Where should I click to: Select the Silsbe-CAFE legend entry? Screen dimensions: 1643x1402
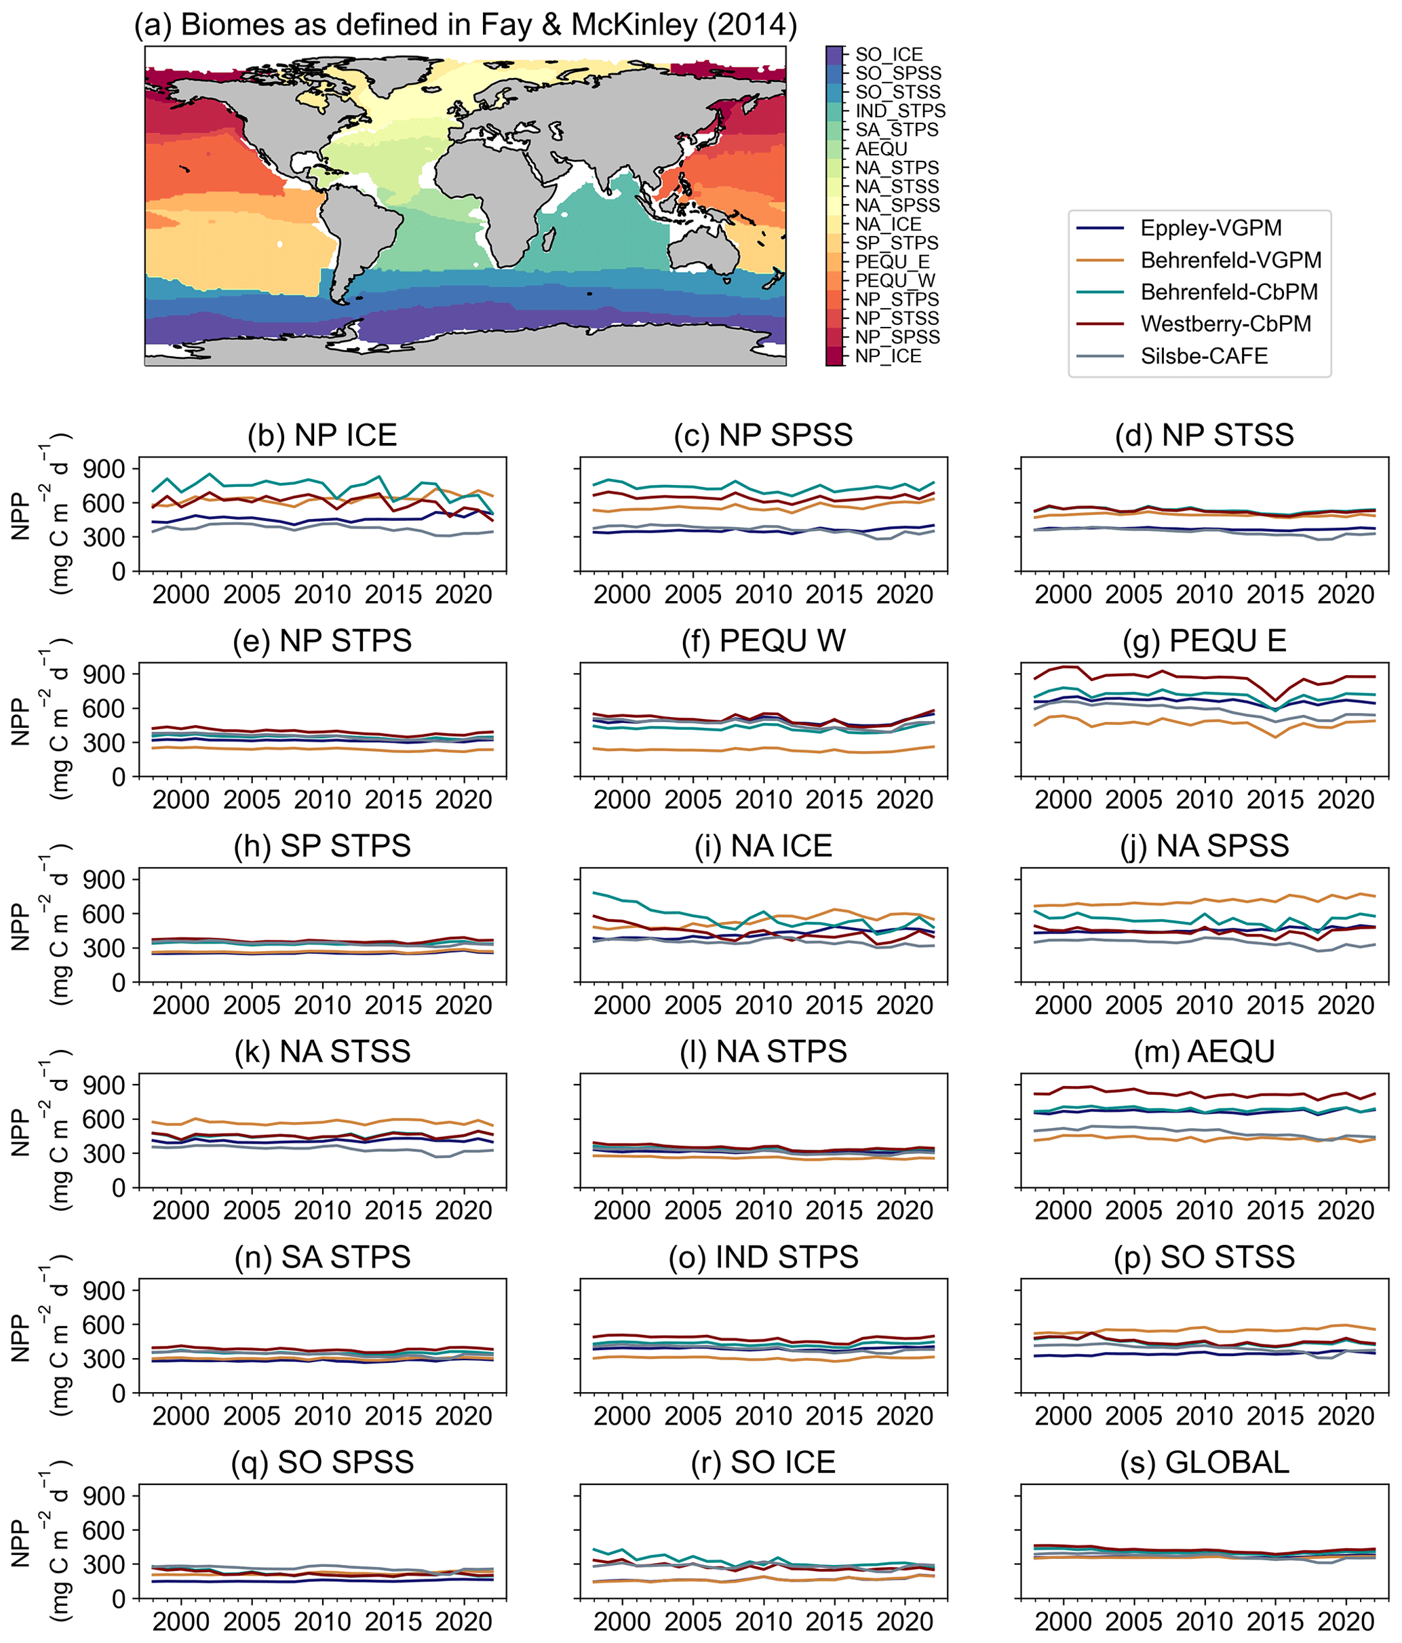[1204, 356]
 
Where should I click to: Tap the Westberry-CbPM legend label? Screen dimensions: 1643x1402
[1225, 324]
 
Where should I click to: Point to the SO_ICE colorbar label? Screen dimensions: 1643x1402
[888, 55]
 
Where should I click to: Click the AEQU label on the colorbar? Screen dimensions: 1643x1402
[880, 149]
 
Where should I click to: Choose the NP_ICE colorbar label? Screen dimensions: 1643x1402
[887, 357]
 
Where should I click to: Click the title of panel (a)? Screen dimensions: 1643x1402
[465, 25]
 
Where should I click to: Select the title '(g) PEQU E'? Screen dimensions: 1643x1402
[1204, 640]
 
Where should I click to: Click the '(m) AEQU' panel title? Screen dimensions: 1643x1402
[1204, 1052]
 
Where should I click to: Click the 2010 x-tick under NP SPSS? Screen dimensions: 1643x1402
[763, 595]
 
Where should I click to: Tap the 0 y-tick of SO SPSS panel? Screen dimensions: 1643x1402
[118, 1599]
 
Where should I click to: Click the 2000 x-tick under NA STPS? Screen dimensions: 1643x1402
[622, 1211]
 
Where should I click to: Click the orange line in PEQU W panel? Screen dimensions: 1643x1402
[714, 750]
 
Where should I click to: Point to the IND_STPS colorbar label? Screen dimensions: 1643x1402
[900, 111]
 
